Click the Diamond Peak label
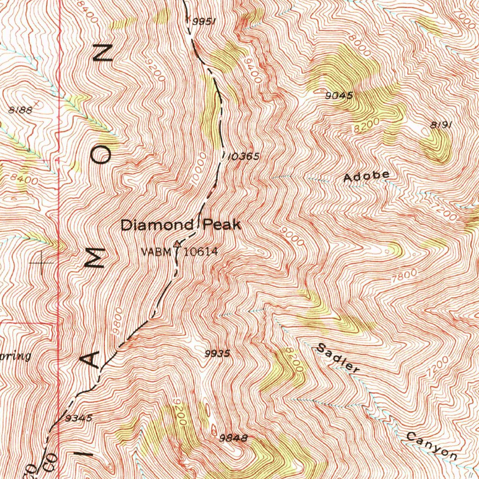(181, 225)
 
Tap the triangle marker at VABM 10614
(177, 244)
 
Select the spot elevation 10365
(243, 157)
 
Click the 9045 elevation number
(339, 95)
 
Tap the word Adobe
(366, 176)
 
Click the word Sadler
(338, 358)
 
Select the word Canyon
(431, 446)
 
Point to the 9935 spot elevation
(218, 354)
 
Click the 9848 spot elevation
(233, 438)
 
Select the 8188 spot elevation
(21, 110)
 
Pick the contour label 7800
(403, 276)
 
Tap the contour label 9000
(293, 236)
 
